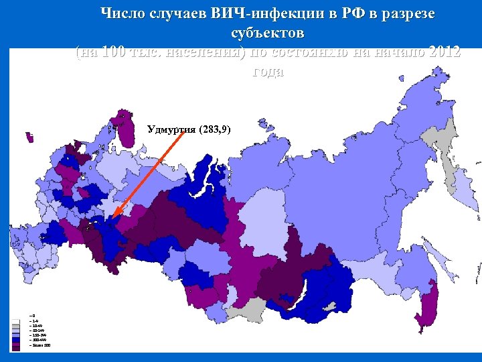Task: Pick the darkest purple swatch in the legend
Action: pos(15,345)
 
